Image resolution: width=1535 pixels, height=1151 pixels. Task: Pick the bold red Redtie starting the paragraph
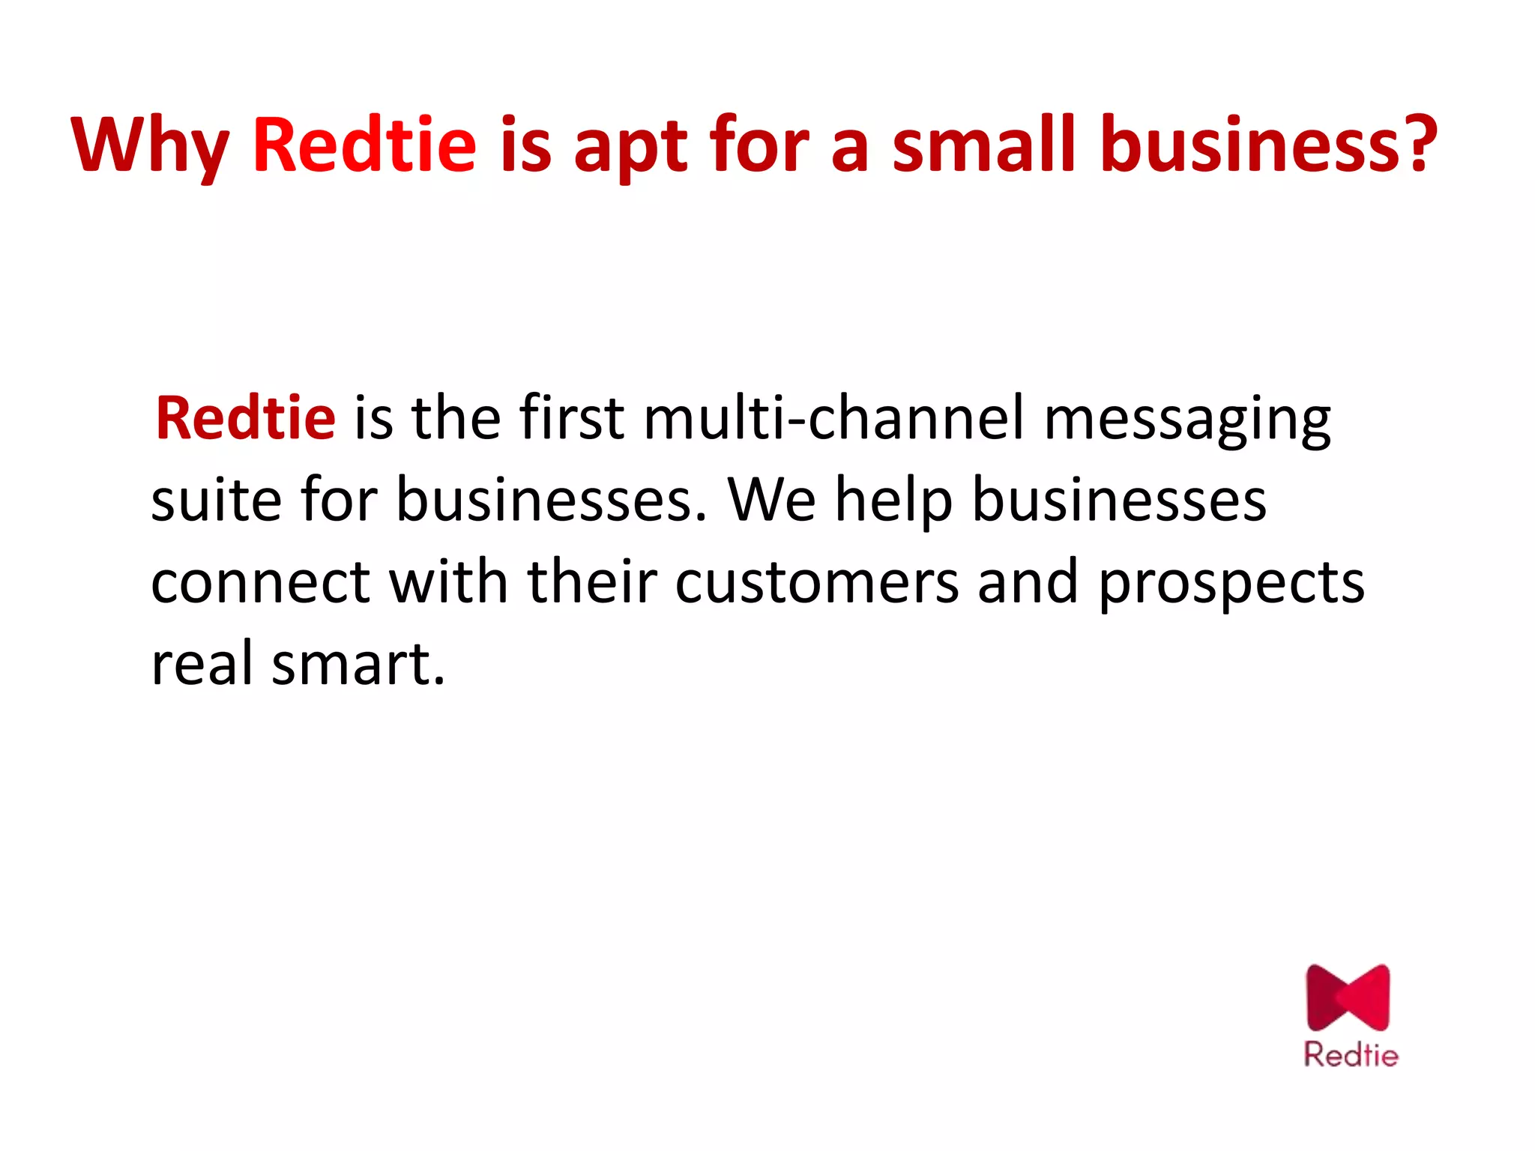click(x=245, y=417)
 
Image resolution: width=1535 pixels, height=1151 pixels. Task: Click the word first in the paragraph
click(x=572, y=417)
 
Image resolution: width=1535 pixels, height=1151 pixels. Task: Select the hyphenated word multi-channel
click(x=833, y=417)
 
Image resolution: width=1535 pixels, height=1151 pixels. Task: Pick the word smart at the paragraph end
click(x=358, y=663)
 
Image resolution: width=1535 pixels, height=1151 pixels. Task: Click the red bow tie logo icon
click(x=1348, y=997)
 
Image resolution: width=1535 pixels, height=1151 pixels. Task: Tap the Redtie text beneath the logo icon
click(x=1351, y=1054)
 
